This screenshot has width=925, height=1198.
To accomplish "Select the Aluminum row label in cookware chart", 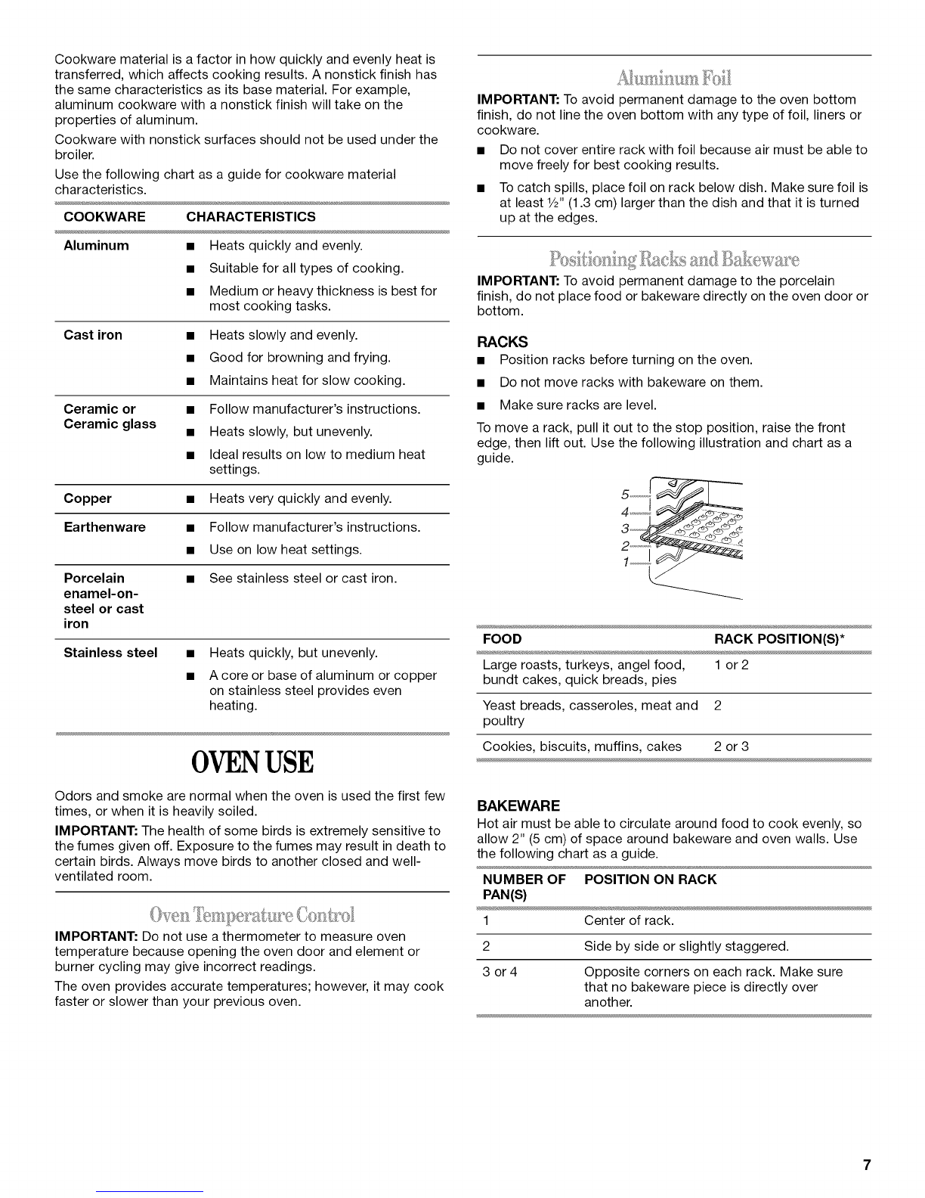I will tap(96, 246).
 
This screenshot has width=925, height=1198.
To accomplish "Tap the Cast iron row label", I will tap(93, 335).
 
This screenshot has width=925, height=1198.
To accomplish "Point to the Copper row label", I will tap(88, 498).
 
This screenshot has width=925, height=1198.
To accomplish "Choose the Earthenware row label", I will tap(104, 527).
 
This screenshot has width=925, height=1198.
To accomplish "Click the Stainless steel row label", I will tap(110, 653).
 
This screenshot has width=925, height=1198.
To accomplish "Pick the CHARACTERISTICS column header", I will tap(251, 217).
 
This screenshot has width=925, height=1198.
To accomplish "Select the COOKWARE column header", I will tap(104, 217).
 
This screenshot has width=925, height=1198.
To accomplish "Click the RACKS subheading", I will tap(503, 342).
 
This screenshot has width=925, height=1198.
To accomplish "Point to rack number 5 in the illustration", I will tap(624, 495).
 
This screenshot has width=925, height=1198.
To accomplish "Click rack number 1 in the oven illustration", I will tap(624, 563).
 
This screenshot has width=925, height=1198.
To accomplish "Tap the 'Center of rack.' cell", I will tap(629, 920).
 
